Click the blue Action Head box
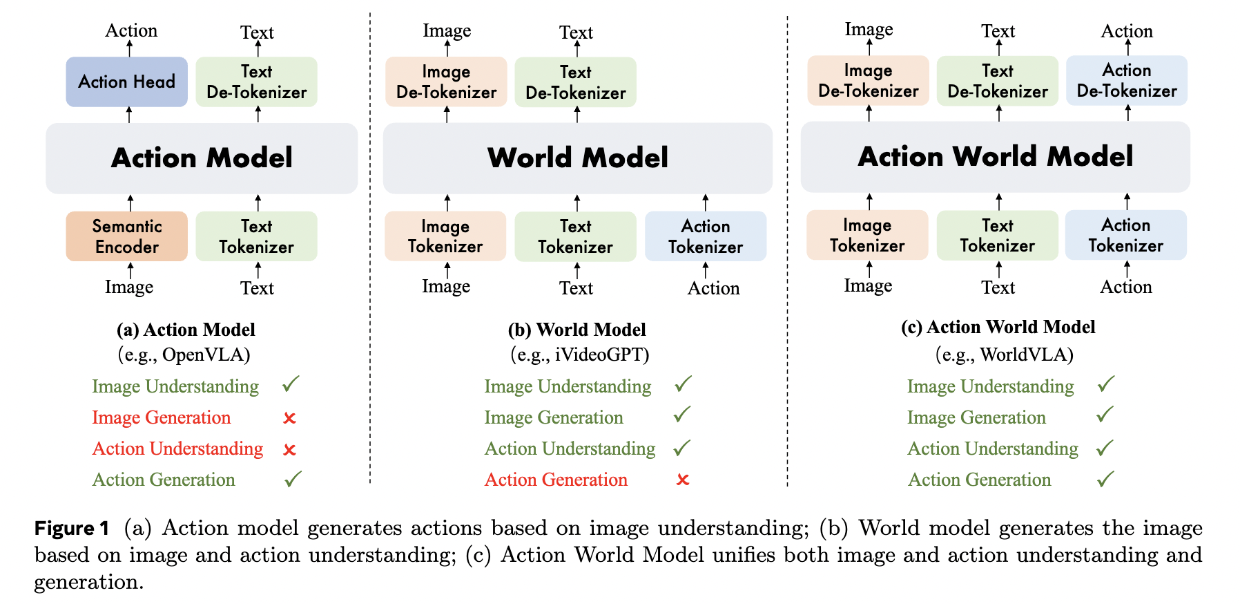tap(126, 82)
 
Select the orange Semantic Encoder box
tap(126, 236)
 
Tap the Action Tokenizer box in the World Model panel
tap(705, 236)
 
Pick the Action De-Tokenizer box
tap(1126, 81)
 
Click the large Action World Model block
tap(995, 157)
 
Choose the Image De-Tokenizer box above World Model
tap(446, 82)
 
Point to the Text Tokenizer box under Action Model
tap(256, 236)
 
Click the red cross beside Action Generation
tap(683, 480)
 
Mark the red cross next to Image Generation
tap(290, 418)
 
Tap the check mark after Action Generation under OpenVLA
tap(293, 478)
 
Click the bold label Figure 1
tap(72, 529)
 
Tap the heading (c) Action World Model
tap(998, 327)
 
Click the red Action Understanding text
tap(177, 449)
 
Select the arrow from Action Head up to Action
tap(129, 48)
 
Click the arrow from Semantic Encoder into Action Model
tap(130, 202)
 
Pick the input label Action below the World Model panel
tap(713, 288)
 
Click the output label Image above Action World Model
tap(869, 30)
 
